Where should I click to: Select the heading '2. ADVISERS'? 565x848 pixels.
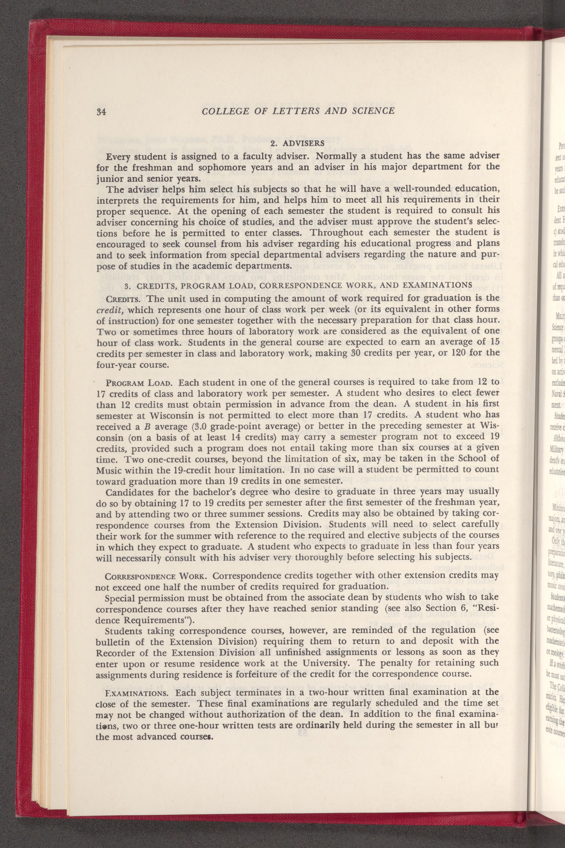[298, 143]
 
